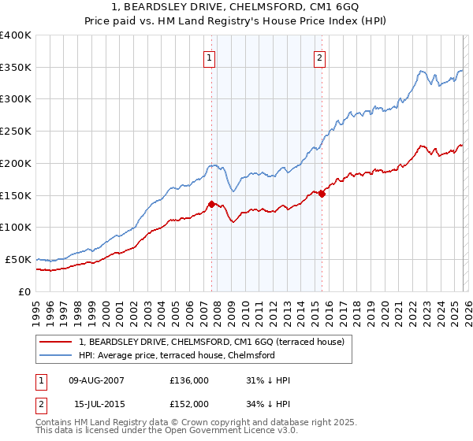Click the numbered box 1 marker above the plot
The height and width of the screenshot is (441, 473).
point(210,57)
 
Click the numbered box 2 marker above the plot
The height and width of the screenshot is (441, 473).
point(320,57)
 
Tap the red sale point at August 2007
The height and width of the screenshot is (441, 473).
point(211,204)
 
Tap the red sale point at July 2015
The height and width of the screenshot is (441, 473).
point(322,194)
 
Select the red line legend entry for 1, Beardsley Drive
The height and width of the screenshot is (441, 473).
point(211,342)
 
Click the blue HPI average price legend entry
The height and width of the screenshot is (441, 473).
point(176,356)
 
